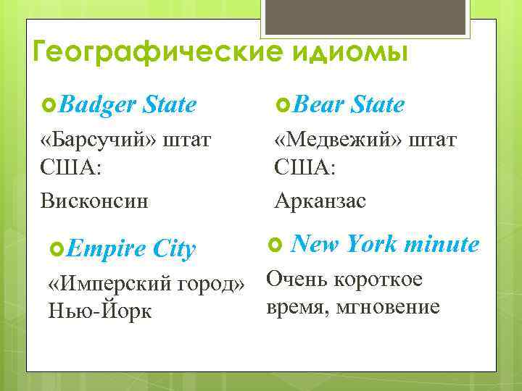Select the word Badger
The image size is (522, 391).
[x=99, y=105]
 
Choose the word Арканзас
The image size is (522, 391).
[x=320, y=201]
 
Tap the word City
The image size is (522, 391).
[x=174, y=250]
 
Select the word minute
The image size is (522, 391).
[x=442, y=245]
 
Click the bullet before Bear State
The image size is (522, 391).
[x=283, y=106]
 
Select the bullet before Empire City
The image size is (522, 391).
[x=58, y=250]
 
